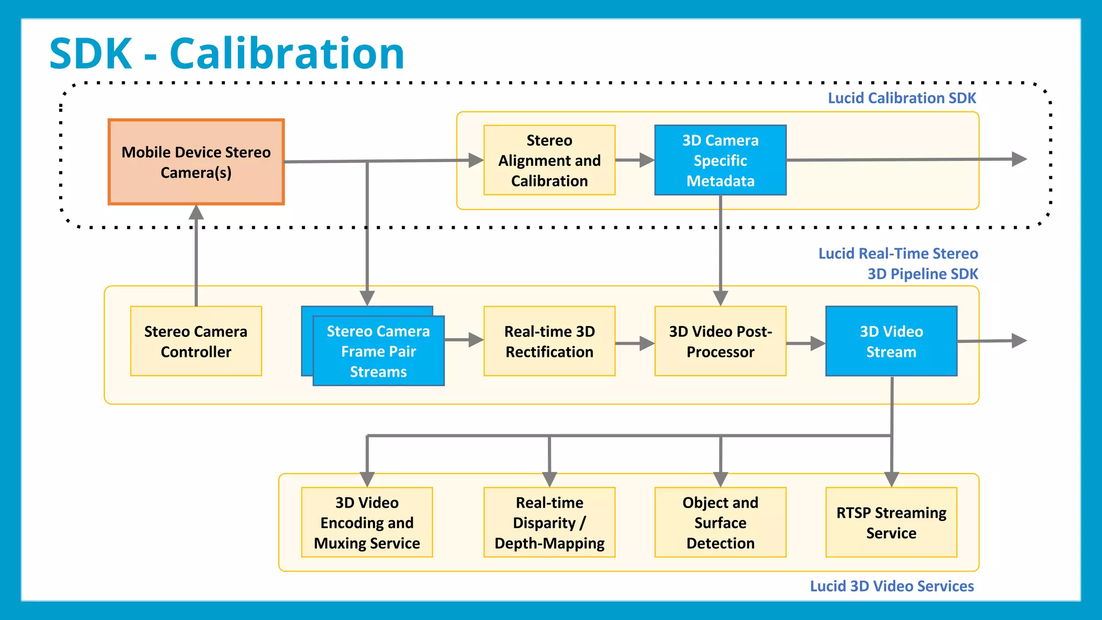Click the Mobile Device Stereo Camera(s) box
coord(196,162)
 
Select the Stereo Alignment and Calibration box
coord(549,160)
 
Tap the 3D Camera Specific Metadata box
coord(720,160)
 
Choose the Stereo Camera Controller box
coord(196,341)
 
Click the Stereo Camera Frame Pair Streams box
coord(378,351)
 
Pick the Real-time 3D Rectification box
coord(549,341)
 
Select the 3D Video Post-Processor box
coord(720,341)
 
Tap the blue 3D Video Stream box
coord(891,341)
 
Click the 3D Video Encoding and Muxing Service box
coord(367,522)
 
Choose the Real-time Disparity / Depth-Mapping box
coord(549,522)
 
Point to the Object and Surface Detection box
coord(720,522)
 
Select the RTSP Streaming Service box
coord(891,522)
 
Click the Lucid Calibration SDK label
coord(901,98)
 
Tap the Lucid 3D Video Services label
coord(892,586)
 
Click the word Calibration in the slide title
coord(286,54)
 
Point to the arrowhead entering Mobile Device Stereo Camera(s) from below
coord(196,212)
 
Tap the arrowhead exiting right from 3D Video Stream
coord(1019,341)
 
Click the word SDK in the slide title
coord(90,54)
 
